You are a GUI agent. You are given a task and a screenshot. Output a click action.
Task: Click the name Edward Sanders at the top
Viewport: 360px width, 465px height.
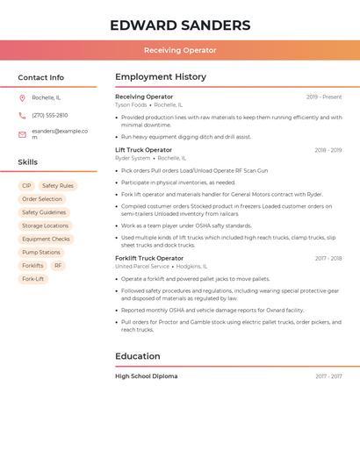(x=180, y=25)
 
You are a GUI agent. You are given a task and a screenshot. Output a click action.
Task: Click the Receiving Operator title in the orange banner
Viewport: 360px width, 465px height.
(x=180, y=50)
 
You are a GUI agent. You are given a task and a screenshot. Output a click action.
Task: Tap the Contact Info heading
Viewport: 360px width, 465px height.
(x=40, y=77)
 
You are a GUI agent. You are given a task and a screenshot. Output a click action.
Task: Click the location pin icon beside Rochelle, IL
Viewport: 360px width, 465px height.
(x=22, y=97)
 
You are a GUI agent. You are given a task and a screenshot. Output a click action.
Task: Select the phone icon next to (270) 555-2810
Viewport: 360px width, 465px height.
(x=22, y=115)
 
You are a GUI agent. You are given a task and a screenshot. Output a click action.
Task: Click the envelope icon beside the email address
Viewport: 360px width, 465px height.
(x=22, y=134)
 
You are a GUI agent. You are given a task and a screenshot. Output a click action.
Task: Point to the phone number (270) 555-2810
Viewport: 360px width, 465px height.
(x=49, y=115)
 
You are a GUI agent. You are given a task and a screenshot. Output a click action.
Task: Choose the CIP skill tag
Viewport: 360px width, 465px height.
(x=26, y=186)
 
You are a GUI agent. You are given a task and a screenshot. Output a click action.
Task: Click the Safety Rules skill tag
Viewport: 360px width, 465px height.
(x=58, y=186)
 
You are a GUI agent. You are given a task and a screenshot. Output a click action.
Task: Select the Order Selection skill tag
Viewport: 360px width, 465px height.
(x=42, y=199)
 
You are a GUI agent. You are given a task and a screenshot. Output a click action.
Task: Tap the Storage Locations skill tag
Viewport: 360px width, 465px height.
(x=45, y=225)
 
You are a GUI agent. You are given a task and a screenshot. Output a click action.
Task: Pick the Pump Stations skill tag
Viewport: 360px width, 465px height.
(x=41, y=252)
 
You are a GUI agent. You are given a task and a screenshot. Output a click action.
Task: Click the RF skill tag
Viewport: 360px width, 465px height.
(x=58, y=265)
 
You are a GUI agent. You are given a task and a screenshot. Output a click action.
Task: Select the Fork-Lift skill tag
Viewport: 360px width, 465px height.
(x=33, y=278)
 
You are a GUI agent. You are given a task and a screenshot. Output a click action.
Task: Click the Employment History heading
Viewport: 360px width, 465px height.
(x=161, y=77)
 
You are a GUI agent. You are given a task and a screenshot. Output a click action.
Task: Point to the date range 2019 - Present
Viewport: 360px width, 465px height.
(x=324, y=97)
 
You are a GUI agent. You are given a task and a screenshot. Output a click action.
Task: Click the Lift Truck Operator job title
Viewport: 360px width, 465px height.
(x=144, y=150)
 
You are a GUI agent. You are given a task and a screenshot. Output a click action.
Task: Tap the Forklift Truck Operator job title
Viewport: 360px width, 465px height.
(x=149, y=258)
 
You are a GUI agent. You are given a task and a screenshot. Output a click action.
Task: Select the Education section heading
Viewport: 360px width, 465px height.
(x=138, y=356)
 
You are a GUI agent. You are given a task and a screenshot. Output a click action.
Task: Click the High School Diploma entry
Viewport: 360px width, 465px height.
(x=146, y=376)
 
